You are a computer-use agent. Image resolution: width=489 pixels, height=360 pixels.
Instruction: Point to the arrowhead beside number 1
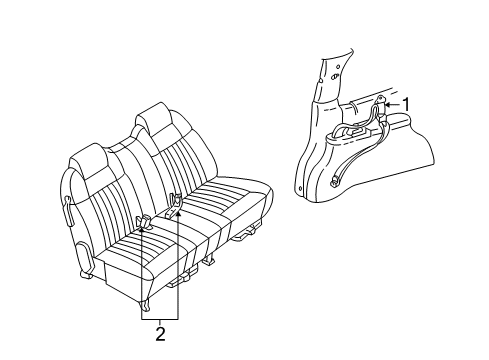[x=390, y=103]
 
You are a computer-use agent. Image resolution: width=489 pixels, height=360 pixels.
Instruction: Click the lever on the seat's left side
[x=68, y=209]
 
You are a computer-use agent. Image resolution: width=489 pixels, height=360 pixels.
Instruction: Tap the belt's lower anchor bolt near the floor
[x=333, y=180]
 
